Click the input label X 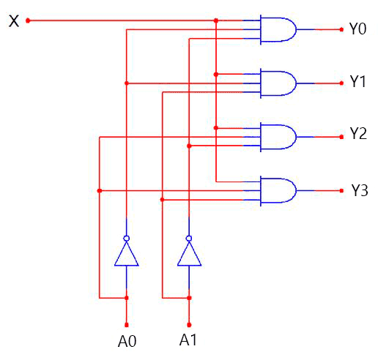tap(14, 21)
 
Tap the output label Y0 tap(357, 29)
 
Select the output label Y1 tap(357, 81)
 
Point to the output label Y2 tap(358, 133)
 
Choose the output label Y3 tap(360, 190)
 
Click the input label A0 tap(127, 341)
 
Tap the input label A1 tap(188, 340)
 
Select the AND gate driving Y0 tap(278, 29)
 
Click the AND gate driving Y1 tap(278, 83)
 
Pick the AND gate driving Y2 tap(278, 137)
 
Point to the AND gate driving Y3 tap(278, 191)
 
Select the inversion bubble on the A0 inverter tap(127, 239)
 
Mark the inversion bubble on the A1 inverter tap(189, 239)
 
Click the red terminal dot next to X tap(28, 20)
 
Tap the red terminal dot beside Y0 tap(341, 29)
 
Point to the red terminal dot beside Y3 tap(341, 191)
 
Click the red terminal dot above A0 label tap(127, 325)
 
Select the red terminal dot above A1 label tap(189, 325)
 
